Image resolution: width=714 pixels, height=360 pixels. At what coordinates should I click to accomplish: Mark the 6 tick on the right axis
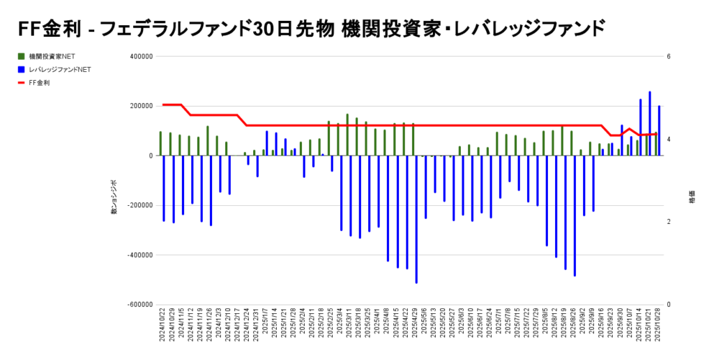pos(669,57)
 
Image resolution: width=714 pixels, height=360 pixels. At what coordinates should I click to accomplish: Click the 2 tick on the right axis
pos(669,222)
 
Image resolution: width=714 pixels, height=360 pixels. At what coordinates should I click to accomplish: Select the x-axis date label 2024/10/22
pos(162,327)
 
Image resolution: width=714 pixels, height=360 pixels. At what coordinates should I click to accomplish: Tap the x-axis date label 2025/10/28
pos(658,327)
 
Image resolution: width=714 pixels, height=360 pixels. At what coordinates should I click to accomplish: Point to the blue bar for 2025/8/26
pos(575,216)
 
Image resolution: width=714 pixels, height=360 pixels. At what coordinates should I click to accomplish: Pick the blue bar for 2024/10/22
pos(164,188)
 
